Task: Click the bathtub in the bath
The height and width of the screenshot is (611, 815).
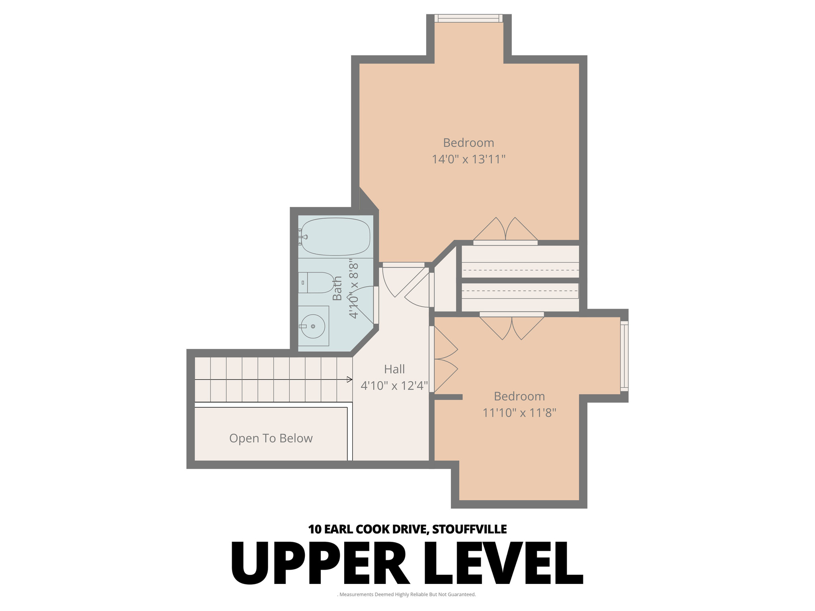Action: tap(335, 236)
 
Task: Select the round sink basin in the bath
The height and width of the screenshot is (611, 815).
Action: tap(313, 326)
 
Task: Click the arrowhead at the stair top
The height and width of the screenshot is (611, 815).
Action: tap(349, 379)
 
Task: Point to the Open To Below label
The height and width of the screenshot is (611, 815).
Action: tap(271, 438)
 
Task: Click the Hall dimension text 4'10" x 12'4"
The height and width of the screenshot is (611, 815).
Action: tap(394, 385)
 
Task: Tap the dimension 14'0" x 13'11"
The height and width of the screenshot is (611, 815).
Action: tap(468, 160)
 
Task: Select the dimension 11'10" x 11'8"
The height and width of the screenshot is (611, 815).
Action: tap(519, 413)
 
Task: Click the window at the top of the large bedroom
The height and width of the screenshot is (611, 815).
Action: tap(468, 18)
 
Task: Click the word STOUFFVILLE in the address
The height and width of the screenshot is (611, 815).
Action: tap(469, 529)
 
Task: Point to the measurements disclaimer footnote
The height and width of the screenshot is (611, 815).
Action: tap(407, 594)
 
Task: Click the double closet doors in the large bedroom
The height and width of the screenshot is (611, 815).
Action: tap(505, 231)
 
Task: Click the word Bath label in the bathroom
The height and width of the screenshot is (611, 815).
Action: tap(337, 288)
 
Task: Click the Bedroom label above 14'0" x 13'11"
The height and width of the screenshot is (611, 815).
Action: tap(468, 143)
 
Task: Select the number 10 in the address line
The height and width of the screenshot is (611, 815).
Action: tap(314, 529)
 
